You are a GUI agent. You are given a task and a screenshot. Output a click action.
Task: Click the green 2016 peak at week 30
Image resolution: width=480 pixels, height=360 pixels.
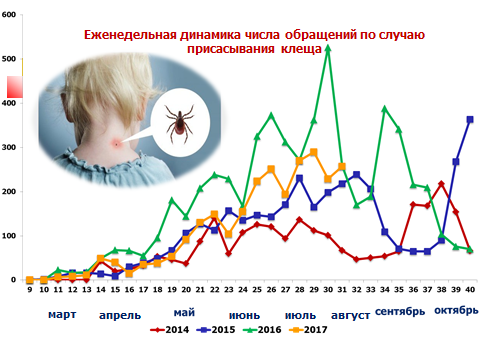[328, 48]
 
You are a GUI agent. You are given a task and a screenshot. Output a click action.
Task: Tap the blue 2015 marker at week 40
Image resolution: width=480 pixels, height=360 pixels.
[470, 120]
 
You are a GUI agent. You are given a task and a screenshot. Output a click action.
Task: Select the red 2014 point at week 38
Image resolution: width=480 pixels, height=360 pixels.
[442, 184]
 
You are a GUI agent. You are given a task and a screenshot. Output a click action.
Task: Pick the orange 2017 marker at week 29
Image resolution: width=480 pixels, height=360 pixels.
[314, 153]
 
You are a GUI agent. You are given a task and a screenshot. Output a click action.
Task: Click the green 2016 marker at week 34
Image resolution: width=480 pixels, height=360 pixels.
[385, 109]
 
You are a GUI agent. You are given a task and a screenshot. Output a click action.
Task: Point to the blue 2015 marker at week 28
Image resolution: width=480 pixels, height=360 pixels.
[299, 178]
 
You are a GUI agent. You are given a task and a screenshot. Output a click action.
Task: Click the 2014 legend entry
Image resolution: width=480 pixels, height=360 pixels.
[169, 330]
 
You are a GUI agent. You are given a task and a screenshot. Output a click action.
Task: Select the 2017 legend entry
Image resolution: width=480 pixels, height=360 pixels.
[308, 330]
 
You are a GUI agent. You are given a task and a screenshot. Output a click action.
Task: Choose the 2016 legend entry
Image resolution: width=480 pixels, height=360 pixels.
[262, 330]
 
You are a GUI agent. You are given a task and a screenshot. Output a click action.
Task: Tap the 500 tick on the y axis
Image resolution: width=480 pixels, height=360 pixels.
[9, 59]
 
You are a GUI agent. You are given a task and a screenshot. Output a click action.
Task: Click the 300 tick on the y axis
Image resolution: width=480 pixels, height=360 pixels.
[9, 147]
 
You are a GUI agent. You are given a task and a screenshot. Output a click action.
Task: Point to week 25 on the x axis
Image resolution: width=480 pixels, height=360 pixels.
[257, 290]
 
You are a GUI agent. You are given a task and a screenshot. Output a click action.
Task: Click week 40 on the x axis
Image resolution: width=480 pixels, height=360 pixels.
[470, 290]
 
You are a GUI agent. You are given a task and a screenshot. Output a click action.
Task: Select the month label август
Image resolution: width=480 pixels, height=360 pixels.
[350, 315]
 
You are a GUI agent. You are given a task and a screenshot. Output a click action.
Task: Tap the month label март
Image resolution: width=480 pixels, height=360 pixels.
[62, 315]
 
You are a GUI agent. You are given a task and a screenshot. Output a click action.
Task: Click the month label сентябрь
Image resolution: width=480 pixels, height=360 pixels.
[400, 311]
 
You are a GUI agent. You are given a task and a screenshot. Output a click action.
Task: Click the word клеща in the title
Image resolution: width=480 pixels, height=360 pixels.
[301, 49]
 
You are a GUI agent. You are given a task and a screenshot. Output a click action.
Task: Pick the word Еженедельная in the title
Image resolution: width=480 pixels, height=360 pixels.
[130, 35]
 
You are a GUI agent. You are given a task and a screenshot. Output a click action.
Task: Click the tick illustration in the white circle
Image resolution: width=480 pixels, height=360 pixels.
[179, 123]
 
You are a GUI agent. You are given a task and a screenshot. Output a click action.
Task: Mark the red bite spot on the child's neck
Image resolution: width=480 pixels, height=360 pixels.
[116, 144]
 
